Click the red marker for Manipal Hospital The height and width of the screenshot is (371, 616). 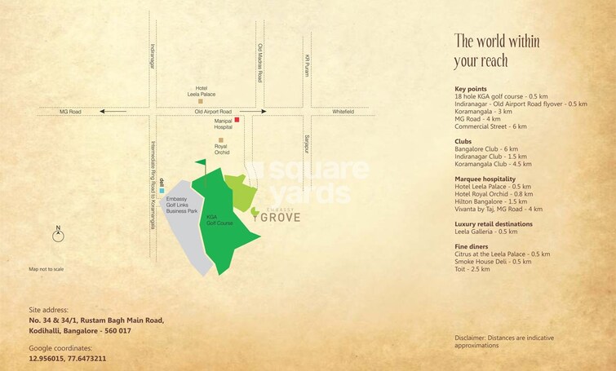237,120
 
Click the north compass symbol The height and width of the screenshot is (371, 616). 58,236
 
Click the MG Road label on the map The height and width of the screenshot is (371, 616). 71,112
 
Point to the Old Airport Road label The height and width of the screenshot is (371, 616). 213,112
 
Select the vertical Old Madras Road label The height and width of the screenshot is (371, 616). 259,64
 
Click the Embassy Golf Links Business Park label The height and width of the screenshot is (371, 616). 183,205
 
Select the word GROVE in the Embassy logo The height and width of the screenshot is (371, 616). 281,218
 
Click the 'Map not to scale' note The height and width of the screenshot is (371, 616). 47,269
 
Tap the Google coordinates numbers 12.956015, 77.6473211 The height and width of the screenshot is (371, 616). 68,358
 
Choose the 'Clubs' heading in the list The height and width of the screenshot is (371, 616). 463,140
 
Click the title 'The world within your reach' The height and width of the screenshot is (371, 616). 497,51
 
